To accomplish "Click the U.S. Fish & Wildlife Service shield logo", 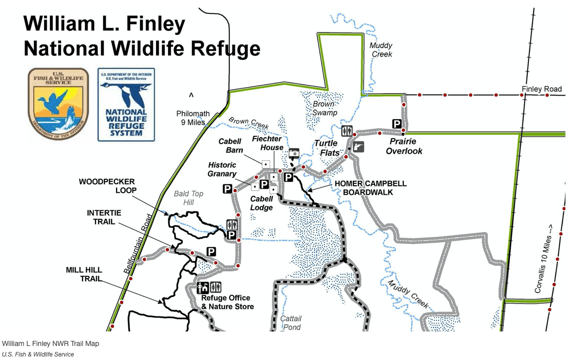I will pyautogui.click(x=58, y=104).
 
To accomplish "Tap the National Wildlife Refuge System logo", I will pyautogui.click(x=126, y=105).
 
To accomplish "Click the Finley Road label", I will pyautogui.click(x=541, y=89).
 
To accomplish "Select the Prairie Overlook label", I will pyautogui.click(x=404, y=146).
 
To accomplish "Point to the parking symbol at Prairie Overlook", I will pyautogui.click(x=397, y=124).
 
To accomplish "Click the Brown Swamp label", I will pyautogui.click(x=324, y=108).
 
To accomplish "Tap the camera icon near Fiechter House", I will pyautogui.click(x=294, y=153).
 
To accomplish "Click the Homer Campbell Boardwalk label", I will pyautogui.click(x=370, y=188).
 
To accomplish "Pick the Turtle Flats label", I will pyautogui.click(x=326, y=148).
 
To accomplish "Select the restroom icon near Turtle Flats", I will pyautogui.click(x=347, y=131).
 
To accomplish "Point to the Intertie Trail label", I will pyautogui.click(x=104, y=217).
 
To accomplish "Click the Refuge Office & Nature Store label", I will pyautogui.click(x=227, y=302).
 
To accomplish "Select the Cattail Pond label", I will pyautogui.click(x=290, y=322).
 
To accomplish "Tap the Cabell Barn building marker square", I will pyautogui.click(x=266, y=164).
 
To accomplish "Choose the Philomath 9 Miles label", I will pyautogui.click(x=193, y=118).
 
